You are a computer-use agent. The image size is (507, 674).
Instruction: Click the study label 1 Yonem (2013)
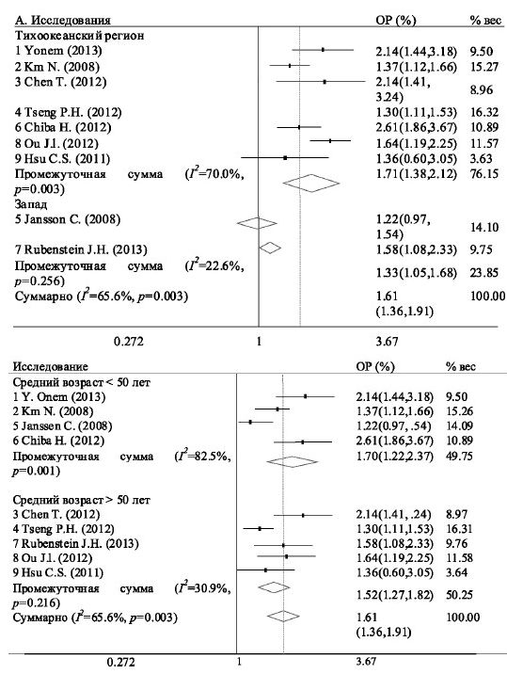pyautogui.click(x=58, y=51)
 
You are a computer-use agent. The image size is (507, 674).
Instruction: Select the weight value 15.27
pyautogui.click(x=484, y=67)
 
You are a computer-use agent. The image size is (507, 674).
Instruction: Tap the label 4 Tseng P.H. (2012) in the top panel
pyautogui.click(x=68, y=113)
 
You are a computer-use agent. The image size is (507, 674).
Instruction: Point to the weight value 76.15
pyautogui.click(x=484, y=173)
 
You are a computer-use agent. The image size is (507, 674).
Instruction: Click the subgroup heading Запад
pyautogui.click(x=31, y=204)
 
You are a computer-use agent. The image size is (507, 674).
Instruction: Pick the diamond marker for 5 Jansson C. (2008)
pyautogui.click(x=257, y=223)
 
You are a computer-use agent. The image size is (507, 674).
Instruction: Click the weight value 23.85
pyautogui.click(x=484, y=273)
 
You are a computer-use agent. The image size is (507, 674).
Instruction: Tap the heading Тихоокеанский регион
pyautogui.click(x=79, y=36)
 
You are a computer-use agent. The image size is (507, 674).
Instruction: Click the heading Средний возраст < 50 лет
pyautogui.click(x=82, y=382)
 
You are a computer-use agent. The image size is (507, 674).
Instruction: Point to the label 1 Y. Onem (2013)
pyautogui.click(x=59, y=396)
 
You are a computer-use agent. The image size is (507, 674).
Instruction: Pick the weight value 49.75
pyautogui.click(x=460, y=456)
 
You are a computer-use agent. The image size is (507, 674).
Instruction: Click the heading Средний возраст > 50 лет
pyautogui.click(x=82, y=501)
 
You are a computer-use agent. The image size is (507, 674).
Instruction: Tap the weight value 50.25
pyautogui.click(x=460, y=595)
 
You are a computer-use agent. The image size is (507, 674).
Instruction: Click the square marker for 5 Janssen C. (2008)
pyautogui.click(x=250, y=422)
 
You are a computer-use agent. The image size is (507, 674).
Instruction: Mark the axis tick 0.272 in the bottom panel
pyautogui.click(x=120, y=663)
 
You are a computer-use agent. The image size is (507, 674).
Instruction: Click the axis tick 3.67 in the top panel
pyautogui.click(x=387, y=342)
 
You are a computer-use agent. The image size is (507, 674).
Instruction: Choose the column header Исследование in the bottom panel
pyautogui.click(x=50, y=367)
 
